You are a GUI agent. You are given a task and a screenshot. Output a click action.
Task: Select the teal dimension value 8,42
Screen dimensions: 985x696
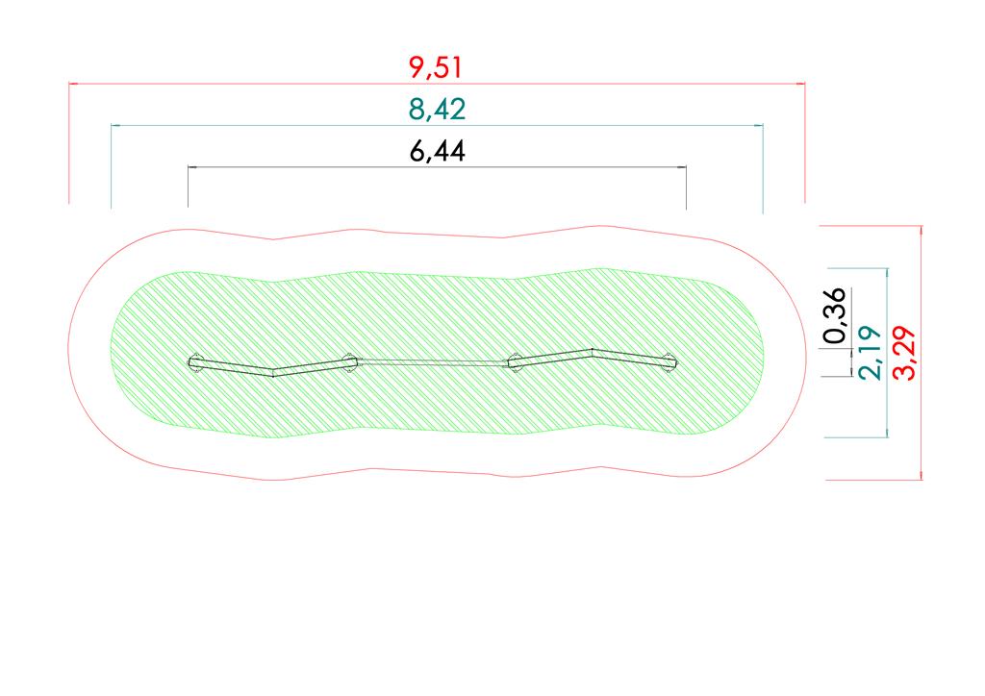pyautogui.click(x=438, y=110)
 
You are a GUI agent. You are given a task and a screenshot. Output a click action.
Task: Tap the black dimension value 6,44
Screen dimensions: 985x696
pyautogui.click(x=438, y=151)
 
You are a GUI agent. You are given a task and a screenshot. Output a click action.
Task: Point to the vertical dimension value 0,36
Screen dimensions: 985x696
pyautogui.click(x=836, y=315)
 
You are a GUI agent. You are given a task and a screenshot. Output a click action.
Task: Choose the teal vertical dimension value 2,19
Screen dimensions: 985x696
pyautogui.click(x=870, y=353)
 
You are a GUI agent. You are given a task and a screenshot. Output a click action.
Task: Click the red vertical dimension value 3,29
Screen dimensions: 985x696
pyautogui.click(x=904, y=353)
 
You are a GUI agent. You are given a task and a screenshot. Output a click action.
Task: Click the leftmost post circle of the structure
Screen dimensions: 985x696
pyautogui.click(x=195, y=362)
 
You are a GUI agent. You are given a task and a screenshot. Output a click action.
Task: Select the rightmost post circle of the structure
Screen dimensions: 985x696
pyautogui.click(x=669, y=362)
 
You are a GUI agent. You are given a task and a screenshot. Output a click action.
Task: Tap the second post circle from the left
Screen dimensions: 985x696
pyautogui.click(x=349, y=362)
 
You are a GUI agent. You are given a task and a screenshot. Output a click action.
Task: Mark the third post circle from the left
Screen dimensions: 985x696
pyautogui.click(x=515, y=362)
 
